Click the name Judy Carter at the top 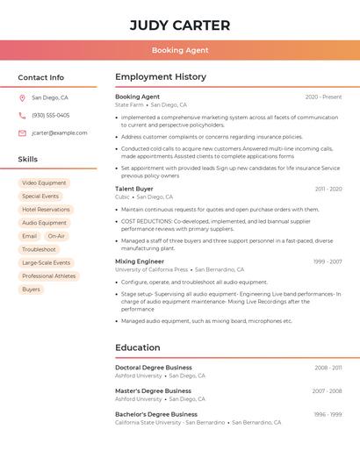[180, 25]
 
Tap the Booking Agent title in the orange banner [180, 50]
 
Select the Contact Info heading [41, 77]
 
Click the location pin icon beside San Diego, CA [22, 98]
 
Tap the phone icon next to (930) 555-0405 [22, 115]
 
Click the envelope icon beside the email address [22, 133]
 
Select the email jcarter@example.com [60, 133]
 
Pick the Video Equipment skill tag [44, 183]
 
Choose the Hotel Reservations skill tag [46, 210]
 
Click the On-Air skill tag [56, 236]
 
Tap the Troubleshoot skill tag [39, 249]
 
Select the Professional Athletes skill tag [49, 275]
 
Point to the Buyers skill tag [31, 289]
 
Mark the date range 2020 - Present [323, 97]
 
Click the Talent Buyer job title [134, 189]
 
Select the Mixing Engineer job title [140, 261]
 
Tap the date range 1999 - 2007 [327, 261]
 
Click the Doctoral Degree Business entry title [154, 368]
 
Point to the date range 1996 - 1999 [327, 414]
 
